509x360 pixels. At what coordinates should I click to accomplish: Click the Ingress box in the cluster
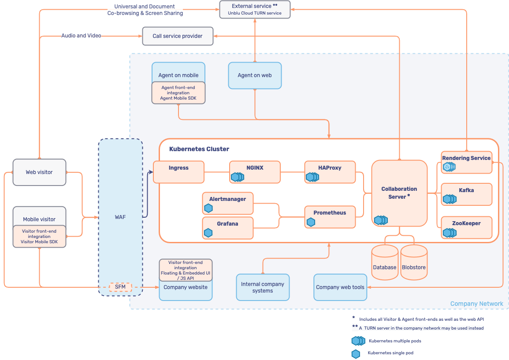[178, 172]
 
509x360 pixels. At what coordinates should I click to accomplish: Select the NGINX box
[255, 172]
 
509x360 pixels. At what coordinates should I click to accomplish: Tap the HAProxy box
[330, 172]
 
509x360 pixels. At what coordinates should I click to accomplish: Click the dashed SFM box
[120, 287]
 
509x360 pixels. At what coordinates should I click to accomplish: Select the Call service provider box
[178, 36]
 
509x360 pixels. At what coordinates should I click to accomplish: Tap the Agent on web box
[255, 75]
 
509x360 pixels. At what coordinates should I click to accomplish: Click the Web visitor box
[39, 172]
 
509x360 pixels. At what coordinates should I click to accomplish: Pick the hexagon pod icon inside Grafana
[208, 232]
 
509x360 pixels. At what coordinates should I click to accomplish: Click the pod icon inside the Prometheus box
[311, 222]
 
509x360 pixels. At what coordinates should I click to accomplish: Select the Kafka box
[466, 194]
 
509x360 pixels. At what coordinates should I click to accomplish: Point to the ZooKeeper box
[466, 227]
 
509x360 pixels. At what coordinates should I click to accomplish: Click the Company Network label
[476, 304]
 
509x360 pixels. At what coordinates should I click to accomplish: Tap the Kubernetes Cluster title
[199, 149]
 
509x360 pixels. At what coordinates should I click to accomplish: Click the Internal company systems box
[263, 287]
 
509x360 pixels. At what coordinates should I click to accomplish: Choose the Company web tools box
[340, 287]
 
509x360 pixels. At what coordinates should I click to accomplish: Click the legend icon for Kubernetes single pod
[356, 353]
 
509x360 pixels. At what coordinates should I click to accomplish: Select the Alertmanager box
[227, 203]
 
